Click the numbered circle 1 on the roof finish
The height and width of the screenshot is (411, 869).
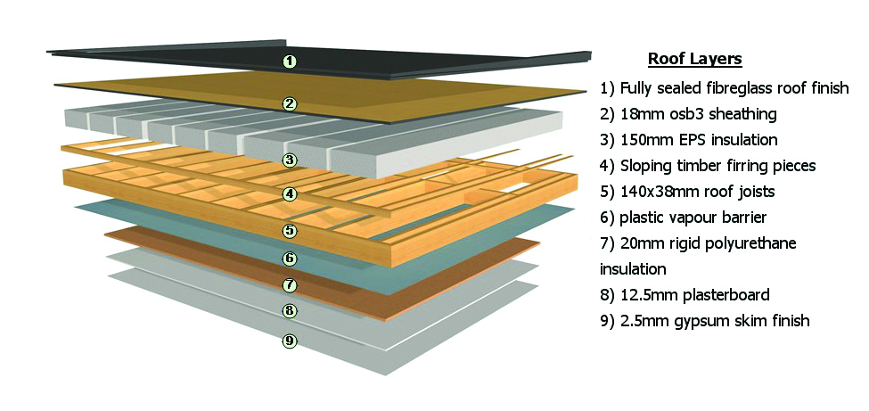click(x=290, y=61)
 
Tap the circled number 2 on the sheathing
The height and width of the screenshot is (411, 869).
click(x=290, y=103)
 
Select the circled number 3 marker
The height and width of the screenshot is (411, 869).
click(x=290, y=160)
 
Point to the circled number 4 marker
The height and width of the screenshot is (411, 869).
click(x=290, y=194)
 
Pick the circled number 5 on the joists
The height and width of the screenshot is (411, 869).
click(x=290, y=230)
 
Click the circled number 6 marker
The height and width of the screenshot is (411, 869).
click(x=290, y=258)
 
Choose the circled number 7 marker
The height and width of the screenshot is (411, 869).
click(x=290, y=285)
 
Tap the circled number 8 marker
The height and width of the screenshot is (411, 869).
click(x=290, y=310)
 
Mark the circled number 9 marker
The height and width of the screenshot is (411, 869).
click(x=290, y=341)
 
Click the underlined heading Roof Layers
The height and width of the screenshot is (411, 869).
click(x=695, y=59)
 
